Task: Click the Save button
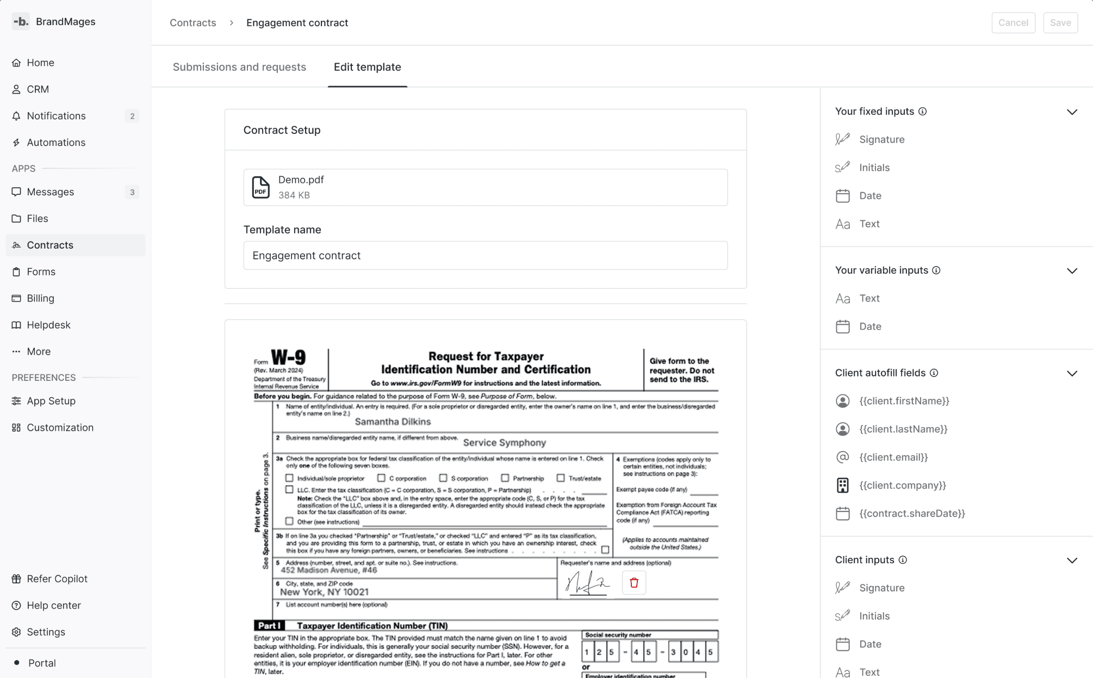pos(1060,23)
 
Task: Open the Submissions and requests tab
pos(239,67)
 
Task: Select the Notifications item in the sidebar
pos(56,116)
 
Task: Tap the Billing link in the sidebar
pos(40,298)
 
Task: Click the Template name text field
pos(485,256)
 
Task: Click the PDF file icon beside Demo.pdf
pos(260,187)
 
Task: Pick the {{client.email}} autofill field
pos(893,457)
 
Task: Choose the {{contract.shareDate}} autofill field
pos(911,513)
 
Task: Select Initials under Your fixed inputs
pos(874,168)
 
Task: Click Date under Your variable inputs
pos(870,326)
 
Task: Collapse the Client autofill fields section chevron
pos(1071,373)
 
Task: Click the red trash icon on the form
pos(634,583)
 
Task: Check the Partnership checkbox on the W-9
pos(505,478)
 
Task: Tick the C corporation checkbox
pos(381,478)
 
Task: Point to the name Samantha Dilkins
pos(392,422)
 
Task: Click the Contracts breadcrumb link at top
pos(192,23)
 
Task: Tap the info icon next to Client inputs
pos(903,560)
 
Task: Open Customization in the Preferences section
pos(60,428)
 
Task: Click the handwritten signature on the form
pos(587,584)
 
